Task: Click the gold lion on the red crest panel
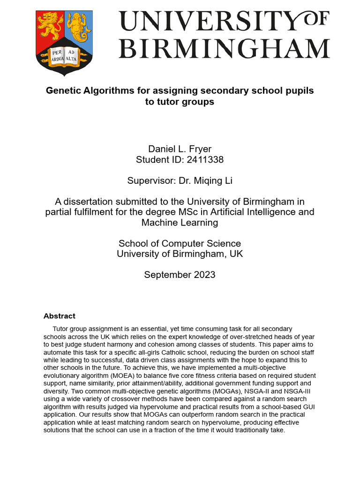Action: [x=50, y=27]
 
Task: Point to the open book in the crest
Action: [x=64, y=56]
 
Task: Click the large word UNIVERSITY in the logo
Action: [x=207, y=22]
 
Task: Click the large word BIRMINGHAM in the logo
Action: [x=224, y=49]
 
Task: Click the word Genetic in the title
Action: [x=61, y=90]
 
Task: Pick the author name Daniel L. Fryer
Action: [x=180, y=149]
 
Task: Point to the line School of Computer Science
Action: [x=180, y=243]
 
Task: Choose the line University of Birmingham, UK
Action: [x=180, y=254]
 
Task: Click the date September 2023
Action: [x=180, y=275]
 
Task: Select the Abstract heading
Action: [x=59, y=316]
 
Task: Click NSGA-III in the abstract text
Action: [x=299, y=391]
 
